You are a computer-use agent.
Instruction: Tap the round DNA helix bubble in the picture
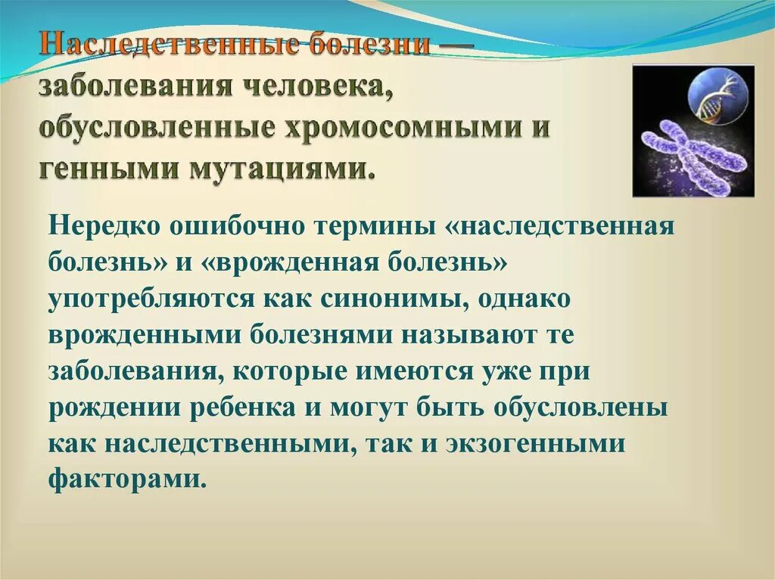[719, 96]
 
